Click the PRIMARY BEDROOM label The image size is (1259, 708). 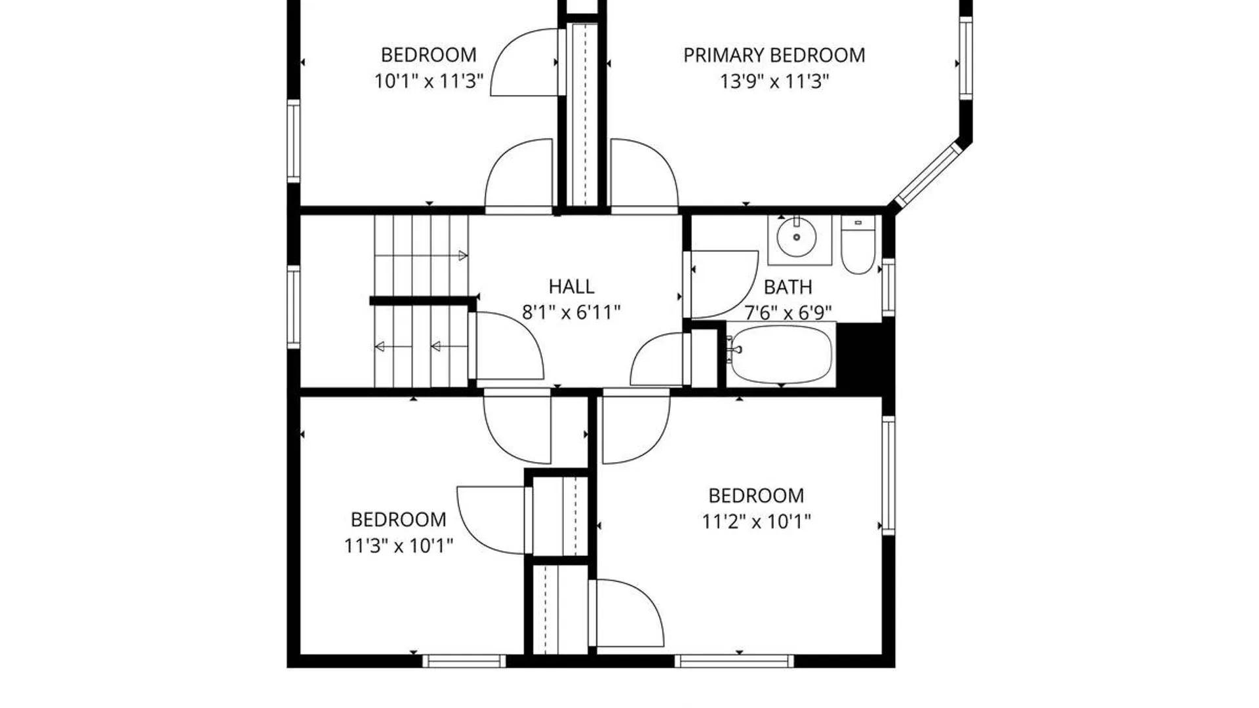(x=774, y=55)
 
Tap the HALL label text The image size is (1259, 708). (x=572, y=286)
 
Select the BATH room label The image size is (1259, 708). (x=788, y=287)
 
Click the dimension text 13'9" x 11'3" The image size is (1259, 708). (x=774, y=82)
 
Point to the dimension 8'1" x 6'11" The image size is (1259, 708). (x=571, y=313)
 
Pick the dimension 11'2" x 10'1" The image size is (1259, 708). (x=757, y=522)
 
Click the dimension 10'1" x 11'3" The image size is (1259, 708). (x=429, y=82)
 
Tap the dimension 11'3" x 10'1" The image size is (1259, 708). (x=399, y=545)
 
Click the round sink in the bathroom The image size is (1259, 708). (x=797, y=237)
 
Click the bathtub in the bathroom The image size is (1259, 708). (x=782, y=355)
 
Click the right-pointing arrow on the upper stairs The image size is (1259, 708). (x=462, y=256)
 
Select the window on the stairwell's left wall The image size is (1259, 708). (x=294, y=306)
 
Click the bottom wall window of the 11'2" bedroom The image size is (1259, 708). (x=734, y=661)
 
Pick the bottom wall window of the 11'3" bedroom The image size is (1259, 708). (x=464, y=661)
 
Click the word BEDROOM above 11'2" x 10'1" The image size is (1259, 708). (x=756, y=496)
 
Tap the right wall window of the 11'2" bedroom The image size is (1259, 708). (x=889, y=475)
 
